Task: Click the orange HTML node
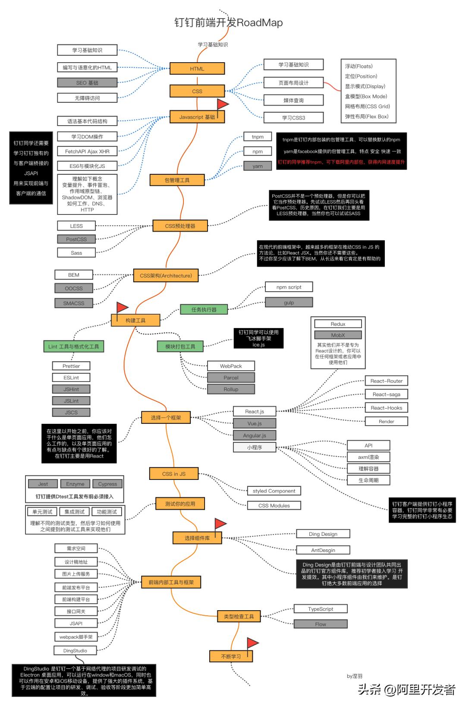tap(197, 69)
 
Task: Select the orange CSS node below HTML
tap(197, 91)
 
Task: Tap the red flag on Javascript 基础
tap(222, 104)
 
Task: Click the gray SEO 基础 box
tap(87, 82)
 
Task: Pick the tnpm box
tap(258, 137)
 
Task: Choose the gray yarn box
tap(258, 166)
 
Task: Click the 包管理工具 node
tap(177, 180)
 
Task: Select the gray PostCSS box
tap(76, 239)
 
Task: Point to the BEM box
tap(74, 275)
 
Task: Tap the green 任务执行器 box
tap(204, 309)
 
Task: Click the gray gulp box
tap(289, 303)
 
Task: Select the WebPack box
tap(231, 366)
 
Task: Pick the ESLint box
tap(71, 378)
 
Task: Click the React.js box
tap(255, 411)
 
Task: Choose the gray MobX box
tap(338, 335)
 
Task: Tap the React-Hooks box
tap(386, 408)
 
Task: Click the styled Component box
tap(274, 491)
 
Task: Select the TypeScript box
tap(321, 609)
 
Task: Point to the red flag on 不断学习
tap(252, 643)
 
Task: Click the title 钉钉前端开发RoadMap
tap(229, 22)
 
